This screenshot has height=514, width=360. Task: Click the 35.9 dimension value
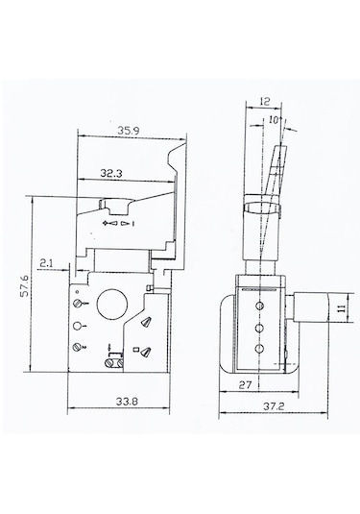tap(129, 131)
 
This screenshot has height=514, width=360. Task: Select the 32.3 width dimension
tap(111, 173)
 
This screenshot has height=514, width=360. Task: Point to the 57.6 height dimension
tap(24, 286)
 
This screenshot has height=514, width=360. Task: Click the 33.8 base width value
tap(127, 401)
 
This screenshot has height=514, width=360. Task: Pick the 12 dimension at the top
tap(264, 101)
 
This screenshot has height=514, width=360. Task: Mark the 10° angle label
tap(274, 120)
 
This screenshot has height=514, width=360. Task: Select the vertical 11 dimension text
tap(342, 307)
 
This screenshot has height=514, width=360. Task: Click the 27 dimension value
tap(245, 384)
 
